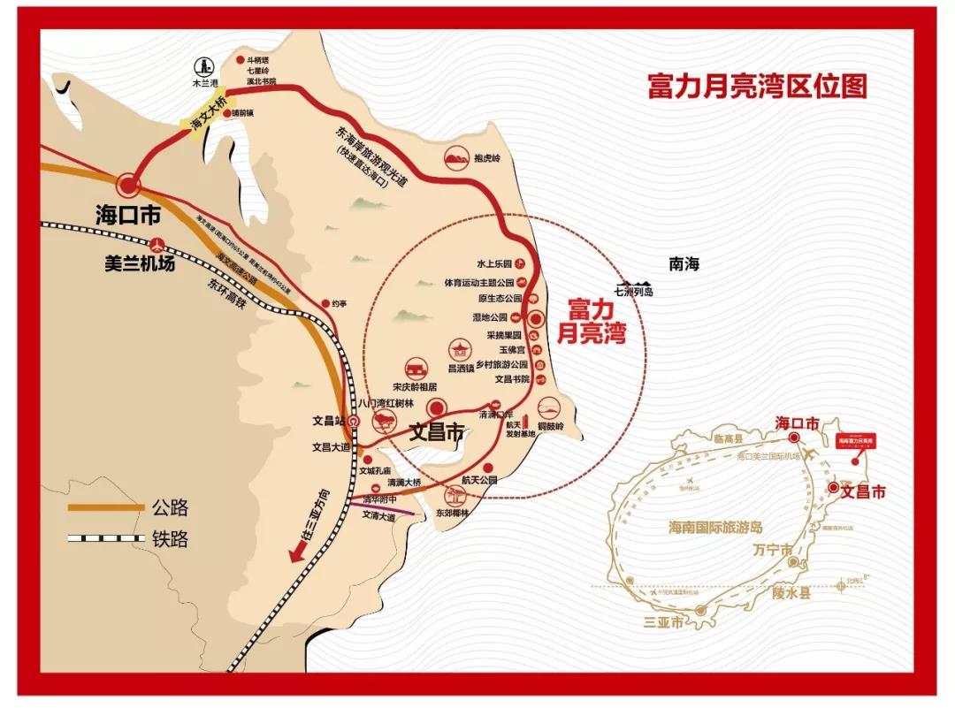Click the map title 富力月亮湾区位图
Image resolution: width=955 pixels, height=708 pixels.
coord(757,86)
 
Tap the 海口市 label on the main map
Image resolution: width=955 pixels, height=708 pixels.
coord(127,214)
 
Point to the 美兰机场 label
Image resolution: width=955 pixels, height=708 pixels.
coord(139,263)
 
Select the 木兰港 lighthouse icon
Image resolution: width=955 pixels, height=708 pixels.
coord(204,65)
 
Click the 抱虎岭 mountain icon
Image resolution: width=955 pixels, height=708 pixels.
coord(456,158)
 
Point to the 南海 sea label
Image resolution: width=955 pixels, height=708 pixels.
coord(684,263)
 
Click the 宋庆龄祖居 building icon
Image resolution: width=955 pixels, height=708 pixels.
coord(415,369)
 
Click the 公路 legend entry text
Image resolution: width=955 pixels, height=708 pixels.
coord(169,508)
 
